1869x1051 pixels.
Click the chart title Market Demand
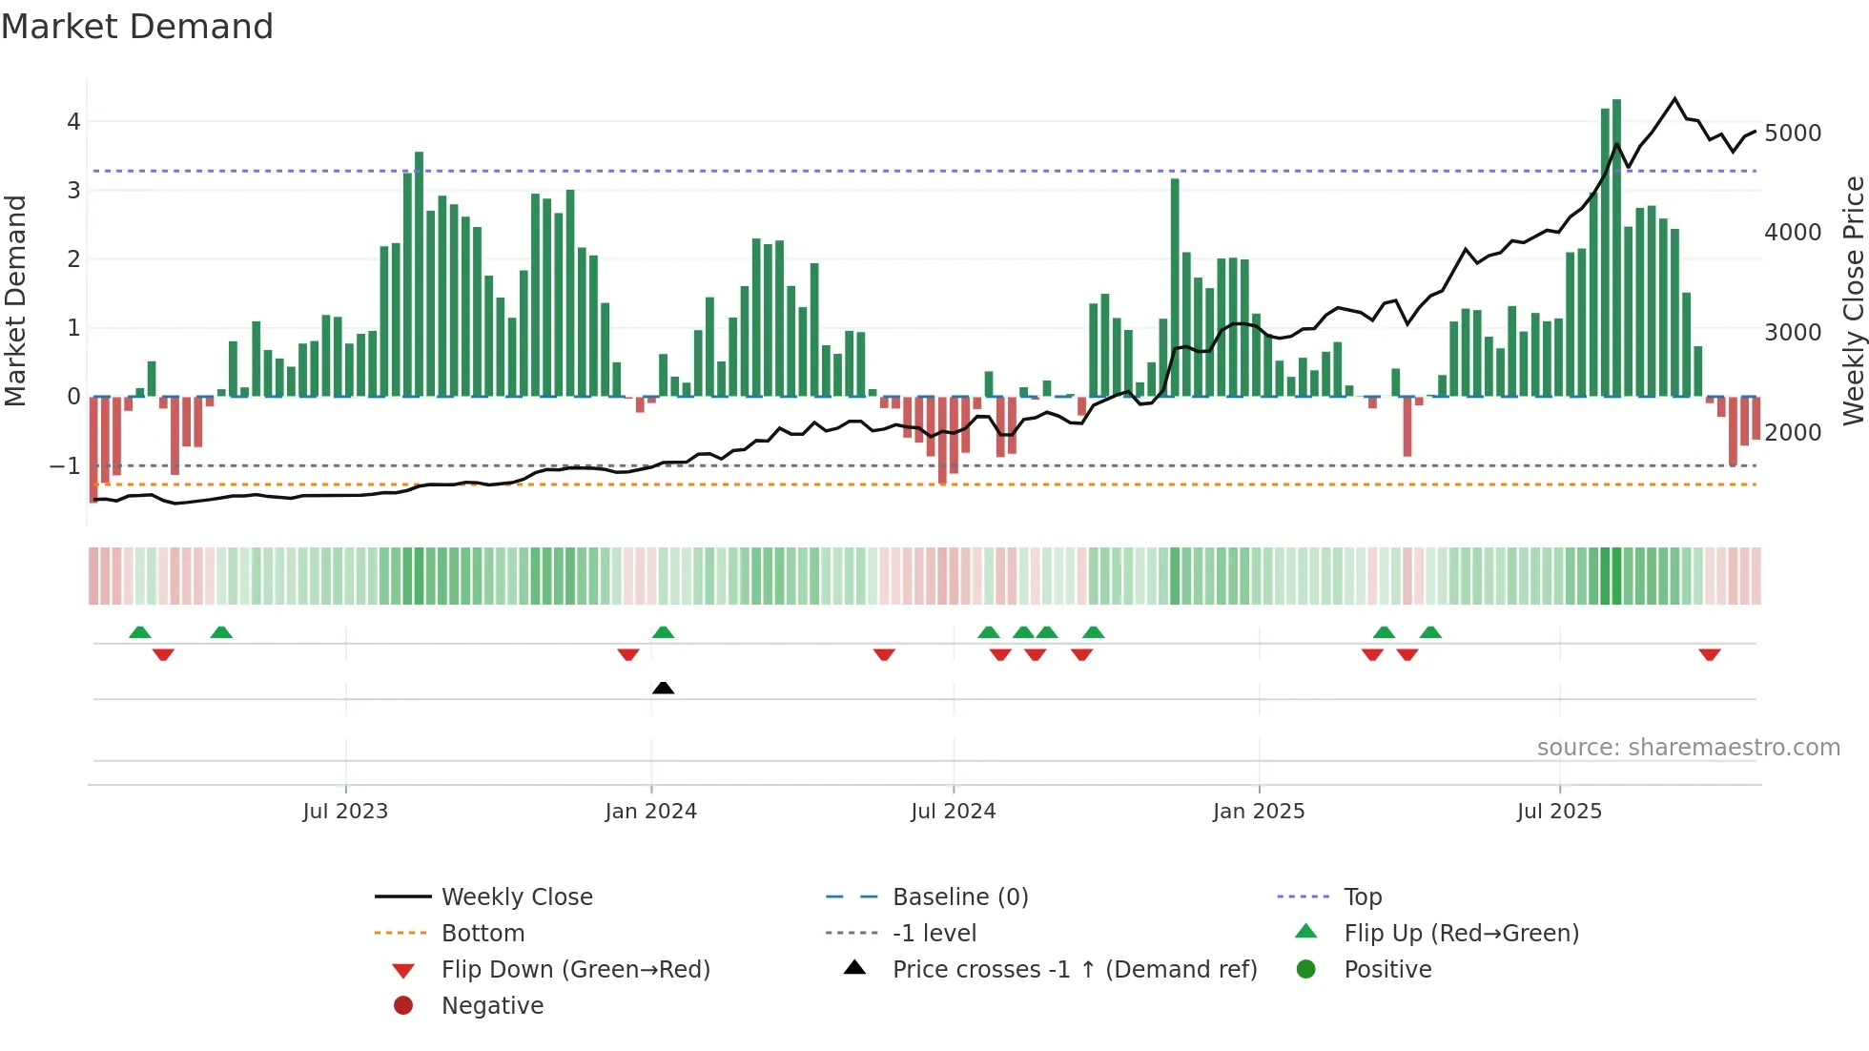137,26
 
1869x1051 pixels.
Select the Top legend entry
1362,896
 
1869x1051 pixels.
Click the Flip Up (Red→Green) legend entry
1461,933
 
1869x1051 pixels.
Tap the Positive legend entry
1386,969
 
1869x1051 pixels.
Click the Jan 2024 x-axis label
650,811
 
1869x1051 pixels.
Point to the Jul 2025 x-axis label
1559,811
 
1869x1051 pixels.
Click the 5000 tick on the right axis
1792,133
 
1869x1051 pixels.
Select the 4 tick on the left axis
73,121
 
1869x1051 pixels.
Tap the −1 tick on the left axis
65,465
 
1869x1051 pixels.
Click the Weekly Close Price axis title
1852,300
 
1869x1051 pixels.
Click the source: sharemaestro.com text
1688,747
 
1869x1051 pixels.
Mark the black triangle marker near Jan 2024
663,688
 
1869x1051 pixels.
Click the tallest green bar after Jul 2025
1616,248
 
